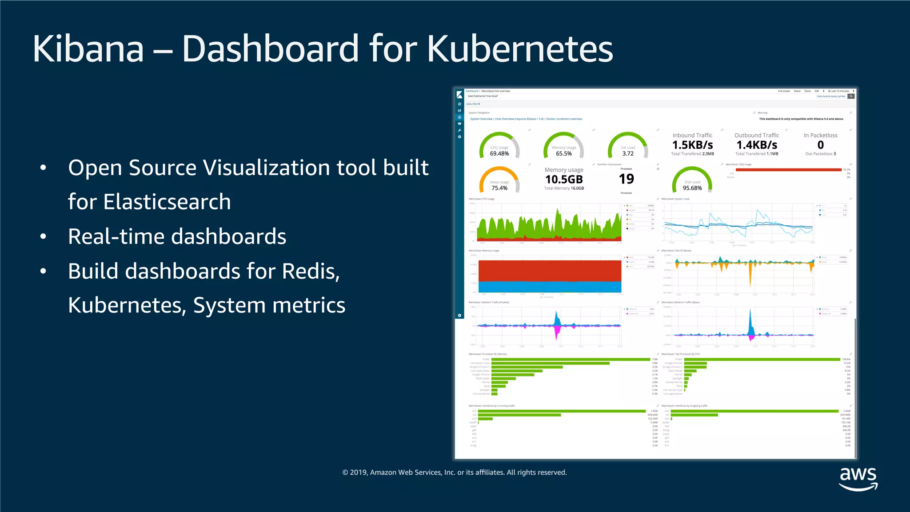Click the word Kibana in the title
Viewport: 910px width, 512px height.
[x=88, y=48]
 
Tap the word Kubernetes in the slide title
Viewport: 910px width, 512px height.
[x=520, y=48]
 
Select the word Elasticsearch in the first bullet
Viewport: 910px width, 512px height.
[x=149, y=202]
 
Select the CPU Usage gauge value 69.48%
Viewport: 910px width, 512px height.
[x=499, y=154]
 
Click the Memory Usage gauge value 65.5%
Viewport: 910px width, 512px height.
[x=564, y=154]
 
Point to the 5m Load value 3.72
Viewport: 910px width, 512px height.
[x=628, y=154]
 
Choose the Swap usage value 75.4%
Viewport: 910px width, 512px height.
[x=499, y=188]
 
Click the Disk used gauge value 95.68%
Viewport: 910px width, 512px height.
[x=692, y=188]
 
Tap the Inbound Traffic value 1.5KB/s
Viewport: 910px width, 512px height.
[x=692, y=145]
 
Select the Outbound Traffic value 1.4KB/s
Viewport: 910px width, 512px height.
[x=757, y=145]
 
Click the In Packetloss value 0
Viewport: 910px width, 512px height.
[x=821, y=145]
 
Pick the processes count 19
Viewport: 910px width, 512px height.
[x=627, y=179]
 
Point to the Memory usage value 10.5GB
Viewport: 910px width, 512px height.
[x=564, y=180]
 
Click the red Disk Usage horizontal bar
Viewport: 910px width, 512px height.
[x=788, y=170]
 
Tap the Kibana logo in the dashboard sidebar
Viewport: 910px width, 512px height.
[x=459, y=95]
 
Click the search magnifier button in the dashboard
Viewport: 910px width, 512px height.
[x=851, y=96]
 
